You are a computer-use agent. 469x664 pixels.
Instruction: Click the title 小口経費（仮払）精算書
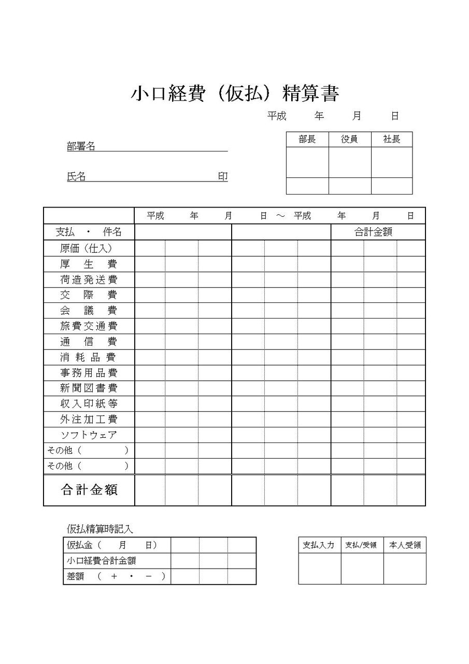click(x=235, y=94)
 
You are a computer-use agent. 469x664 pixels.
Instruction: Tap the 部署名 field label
click(x=81, y=147)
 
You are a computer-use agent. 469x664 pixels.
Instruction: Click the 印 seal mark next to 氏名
click(x=222, y=177)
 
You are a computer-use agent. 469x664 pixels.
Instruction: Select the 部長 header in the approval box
click(x=307, y=140)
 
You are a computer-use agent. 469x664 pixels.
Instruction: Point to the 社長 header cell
click(x=392, y=140)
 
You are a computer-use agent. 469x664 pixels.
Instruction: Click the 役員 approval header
click(x=350, y=140)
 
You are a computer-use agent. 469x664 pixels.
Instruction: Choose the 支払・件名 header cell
click(x=89, y=232)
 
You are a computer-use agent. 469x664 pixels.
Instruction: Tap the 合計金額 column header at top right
click(x=373, y=232)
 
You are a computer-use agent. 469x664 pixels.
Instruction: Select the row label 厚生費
click(x=89, y=264)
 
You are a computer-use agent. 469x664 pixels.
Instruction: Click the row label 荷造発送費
click(x=89, y=280)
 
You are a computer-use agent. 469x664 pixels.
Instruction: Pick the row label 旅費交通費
click(x=89, y=326)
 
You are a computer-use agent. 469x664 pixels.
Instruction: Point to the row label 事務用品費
click(x=89, y=373)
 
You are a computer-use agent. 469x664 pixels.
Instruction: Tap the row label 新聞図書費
click(x=89, y=388)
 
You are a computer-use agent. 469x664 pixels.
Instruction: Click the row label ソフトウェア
click(x=89, y=435)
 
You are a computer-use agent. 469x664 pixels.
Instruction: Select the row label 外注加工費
click(x=89, y=419)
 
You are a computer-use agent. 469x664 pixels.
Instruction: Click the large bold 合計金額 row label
click(x=89, y=490)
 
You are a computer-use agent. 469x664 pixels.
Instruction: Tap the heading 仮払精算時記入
click(x=100, y=529)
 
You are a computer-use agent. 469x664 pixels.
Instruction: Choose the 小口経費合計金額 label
click(x=102, y=561)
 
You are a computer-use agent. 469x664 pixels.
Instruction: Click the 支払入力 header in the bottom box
click(x=319, y=545)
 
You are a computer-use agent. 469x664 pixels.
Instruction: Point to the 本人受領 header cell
click(x=405, y=545)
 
